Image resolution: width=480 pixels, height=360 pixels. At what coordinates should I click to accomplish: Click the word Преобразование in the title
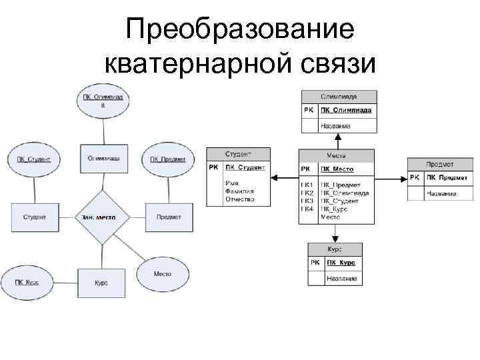click(239, 29)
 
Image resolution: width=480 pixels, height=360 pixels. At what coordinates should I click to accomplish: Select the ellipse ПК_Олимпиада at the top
click(103, 101)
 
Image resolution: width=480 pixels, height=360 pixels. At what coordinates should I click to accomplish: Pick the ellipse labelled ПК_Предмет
click(167, 159)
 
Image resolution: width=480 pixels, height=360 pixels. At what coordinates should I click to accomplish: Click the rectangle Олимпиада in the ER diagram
click(103, 159)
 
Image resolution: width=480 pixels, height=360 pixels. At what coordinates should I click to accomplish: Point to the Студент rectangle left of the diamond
click(34, 217)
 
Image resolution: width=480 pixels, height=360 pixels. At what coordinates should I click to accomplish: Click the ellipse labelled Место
click(163, 274)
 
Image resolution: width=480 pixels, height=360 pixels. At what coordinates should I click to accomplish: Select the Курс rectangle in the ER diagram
click(101, 283)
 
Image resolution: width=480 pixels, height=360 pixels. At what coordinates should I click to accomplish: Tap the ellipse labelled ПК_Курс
click(27, 283)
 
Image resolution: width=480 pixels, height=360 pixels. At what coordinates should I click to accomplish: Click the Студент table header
click(238, 153)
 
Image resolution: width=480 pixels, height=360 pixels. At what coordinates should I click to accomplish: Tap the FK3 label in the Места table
click(307, 200)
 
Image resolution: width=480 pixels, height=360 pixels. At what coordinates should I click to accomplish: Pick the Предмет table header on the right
click(440, 164)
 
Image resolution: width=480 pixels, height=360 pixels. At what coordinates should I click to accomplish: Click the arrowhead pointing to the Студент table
click(275, 177)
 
